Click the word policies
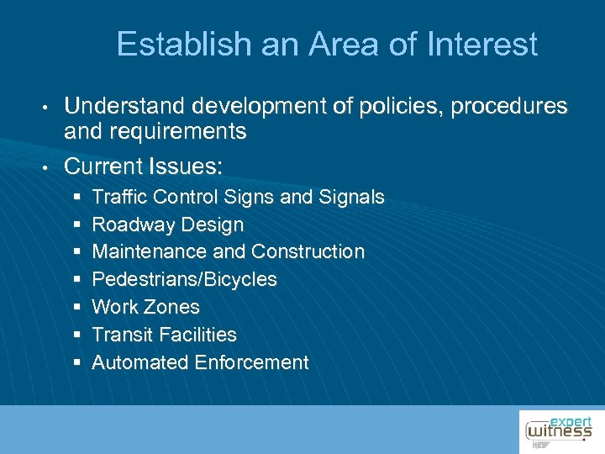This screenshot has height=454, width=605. click(388, 107)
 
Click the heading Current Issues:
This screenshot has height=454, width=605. click(144, 166)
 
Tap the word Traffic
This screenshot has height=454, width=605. click(118, 197)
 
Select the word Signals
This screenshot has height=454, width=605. click(351, 197)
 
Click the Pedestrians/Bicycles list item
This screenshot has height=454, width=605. click(184, 279)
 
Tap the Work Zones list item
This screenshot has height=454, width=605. click(145, 307)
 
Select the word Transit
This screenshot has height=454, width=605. click(118, 335)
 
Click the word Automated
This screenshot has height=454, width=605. click(140, 362)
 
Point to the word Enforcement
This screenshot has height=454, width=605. click(252, 362)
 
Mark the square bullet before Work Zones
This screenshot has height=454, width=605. click(77, 307)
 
